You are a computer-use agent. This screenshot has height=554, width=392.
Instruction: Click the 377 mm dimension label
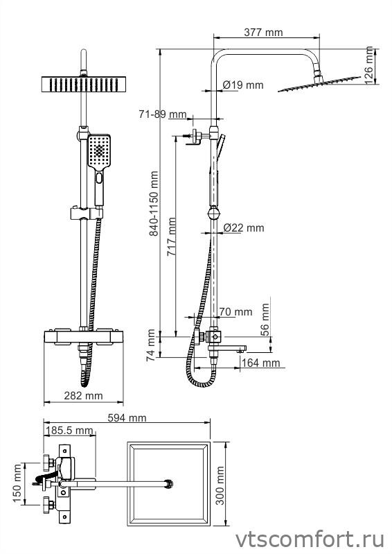[263, 33]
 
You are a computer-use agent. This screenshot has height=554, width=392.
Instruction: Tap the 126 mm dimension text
[368, 65]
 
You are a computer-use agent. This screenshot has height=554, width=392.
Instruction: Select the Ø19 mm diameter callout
[243, 85]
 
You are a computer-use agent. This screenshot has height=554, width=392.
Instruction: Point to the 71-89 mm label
[163, 114]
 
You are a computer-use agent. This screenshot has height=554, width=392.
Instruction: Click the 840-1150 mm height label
[154, 204]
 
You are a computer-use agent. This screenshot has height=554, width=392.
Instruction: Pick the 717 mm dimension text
[172, 236]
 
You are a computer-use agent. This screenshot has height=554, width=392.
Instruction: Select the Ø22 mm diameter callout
[244, 228]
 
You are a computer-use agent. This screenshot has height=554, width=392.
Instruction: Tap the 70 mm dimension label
[235, 312]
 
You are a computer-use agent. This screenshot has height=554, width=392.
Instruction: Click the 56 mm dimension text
[265, 320]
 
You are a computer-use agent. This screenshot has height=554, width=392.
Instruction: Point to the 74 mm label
[152, 345]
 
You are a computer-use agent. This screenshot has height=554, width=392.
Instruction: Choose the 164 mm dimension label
[260, 363]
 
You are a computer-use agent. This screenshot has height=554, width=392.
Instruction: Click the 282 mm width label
[83, 396]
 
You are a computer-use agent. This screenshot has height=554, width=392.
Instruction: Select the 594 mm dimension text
[127, 418]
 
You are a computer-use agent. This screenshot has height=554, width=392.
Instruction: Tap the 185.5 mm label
[69, 431]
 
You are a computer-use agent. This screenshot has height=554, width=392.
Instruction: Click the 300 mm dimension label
[220, 485]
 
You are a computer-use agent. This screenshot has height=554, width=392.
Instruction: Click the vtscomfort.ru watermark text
[310, 539]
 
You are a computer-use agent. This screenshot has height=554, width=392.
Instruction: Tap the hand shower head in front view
[99, 151]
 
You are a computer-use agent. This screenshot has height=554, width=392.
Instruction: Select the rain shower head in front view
[84, 85]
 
